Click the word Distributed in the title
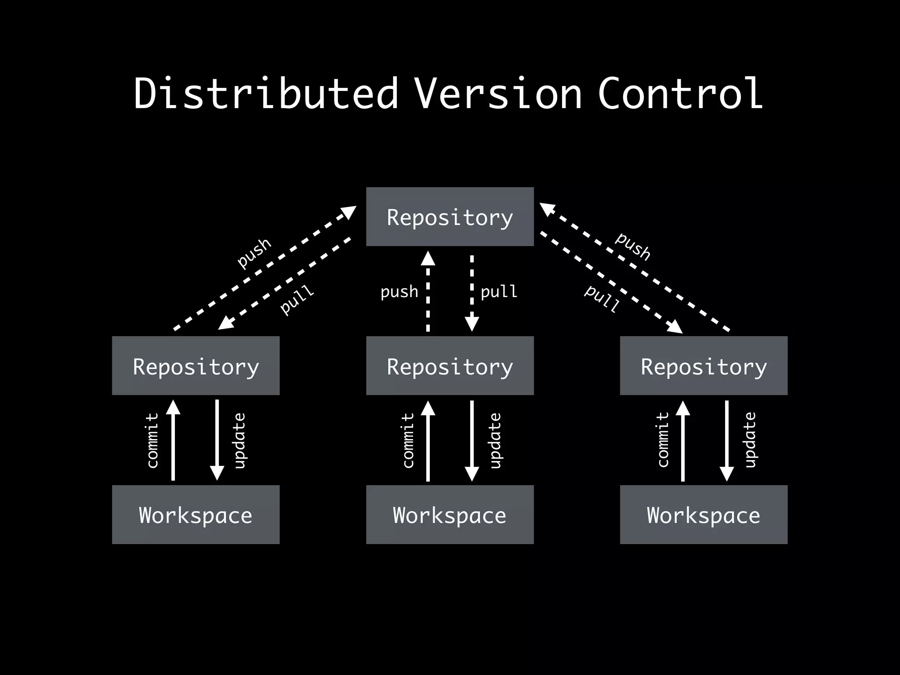tap(266, 93)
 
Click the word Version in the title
tap(498, 93)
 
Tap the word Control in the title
tap(680, 93)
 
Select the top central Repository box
tap(450, 217)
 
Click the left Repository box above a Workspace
tap(196, 366)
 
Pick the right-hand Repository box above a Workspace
tap(704, 366)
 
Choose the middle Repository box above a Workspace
tap(450, 366)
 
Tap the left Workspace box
tap(196, 515)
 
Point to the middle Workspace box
tap(450, 515)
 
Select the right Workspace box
tap(704, 515)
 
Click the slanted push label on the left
tap(254, 252)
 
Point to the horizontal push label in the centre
tap(399, 291)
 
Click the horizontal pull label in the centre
tap(499, 291)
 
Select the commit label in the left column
tap(152, 440)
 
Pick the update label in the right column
tap(751, 440)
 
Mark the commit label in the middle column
tap(408, 440)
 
